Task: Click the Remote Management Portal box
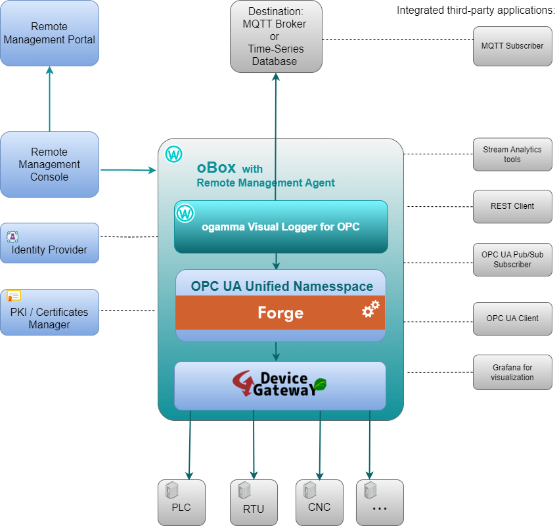click(49, 33)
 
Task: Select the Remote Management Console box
click(49, 164)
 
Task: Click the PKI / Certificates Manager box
click(49, 313)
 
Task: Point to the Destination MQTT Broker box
click(276, 36)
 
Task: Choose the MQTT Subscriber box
click(512, 46)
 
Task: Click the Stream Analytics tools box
click(512, 154)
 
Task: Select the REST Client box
click(512, 206)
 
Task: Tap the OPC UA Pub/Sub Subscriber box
click(512, 259)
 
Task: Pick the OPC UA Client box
click(512, 318)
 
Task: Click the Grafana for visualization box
click(512, 372)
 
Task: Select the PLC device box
click(182, 502)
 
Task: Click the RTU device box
click(254, 502)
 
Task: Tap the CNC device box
click(319, 502)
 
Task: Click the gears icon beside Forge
click(371, 309)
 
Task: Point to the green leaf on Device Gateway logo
click(319, 385)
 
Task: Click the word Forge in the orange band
click(280, 313)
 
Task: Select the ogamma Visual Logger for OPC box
click(280, 227)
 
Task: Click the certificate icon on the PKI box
click(14, 296)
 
